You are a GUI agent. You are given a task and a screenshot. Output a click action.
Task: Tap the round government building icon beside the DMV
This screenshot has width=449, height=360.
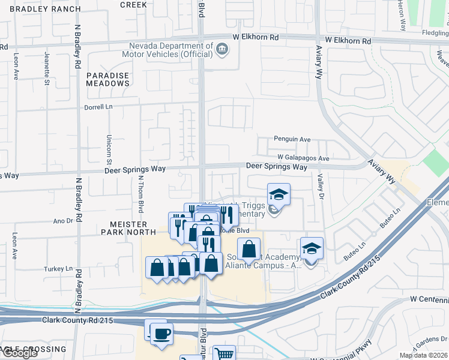tap(222, 49)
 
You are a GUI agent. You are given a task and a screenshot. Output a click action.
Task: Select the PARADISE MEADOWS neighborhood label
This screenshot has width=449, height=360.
tap(107, 79)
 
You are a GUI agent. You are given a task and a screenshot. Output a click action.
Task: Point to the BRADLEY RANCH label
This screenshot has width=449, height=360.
tap(40, 9)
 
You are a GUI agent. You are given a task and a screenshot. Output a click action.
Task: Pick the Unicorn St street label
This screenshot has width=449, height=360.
tap(110, 151)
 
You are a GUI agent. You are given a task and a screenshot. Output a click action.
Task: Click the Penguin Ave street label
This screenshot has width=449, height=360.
tap(292, 139)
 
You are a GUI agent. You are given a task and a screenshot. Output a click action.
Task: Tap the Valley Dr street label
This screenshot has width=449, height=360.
tap(321, 185)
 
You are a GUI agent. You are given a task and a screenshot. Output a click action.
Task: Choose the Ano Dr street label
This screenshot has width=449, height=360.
tap(63, 220)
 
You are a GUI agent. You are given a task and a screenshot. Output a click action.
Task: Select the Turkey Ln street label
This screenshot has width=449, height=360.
tap(58, 269)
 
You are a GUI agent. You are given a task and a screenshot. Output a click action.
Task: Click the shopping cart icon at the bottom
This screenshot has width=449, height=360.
tap(224, 353)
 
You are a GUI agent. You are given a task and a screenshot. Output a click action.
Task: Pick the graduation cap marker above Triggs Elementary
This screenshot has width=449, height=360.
tap(279, 194)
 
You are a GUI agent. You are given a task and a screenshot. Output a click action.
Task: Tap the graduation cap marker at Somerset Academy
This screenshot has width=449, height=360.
tap(311, 248)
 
